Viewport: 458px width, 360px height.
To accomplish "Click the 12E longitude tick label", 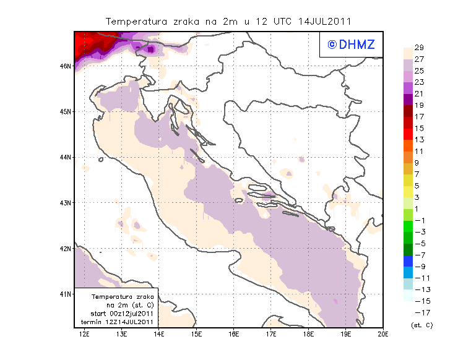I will [x=85, y=334].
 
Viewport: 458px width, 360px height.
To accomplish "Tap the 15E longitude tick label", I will [x=196, y=334].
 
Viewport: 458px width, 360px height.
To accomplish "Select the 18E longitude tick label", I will [x=309, y=334].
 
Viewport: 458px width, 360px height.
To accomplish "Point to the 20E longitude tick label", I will [x=382, y=334].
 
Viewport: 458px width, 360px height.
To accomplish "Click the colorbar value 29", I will [x=418, y=48].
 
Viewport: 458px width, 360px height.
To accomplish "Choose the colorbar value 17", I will [x=418, y=116].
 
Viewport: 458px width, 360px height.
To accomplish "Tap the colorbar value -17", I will [x=420, y=313].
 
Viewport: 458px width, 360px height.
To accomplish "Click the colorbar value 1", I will [x=418, y=208].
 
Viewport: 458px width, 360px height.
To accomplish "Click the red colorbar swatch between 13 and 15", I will [x=408, y=134].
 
